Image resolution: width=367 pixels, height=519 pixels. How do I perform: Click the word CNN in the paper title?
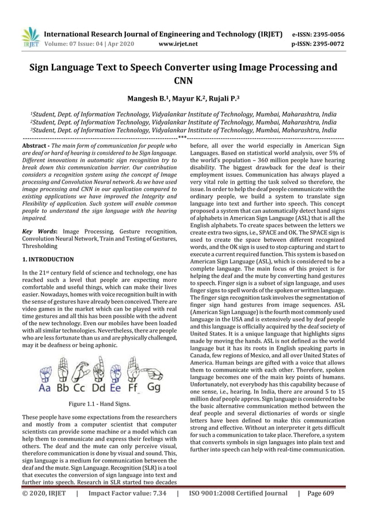click(183, 81)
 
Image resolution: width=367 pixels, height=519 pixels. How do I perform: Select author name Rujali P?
click(216, 100)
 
